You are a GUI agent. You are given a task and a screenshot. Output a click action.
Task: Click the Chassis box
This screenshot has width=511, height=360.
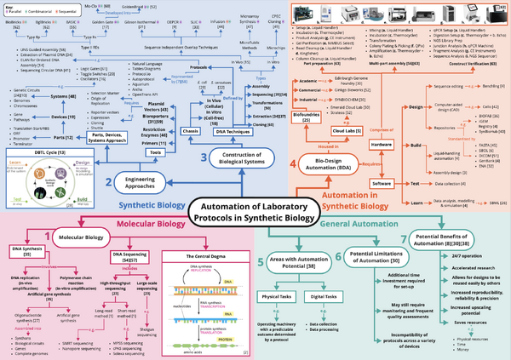pos(192,129)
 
